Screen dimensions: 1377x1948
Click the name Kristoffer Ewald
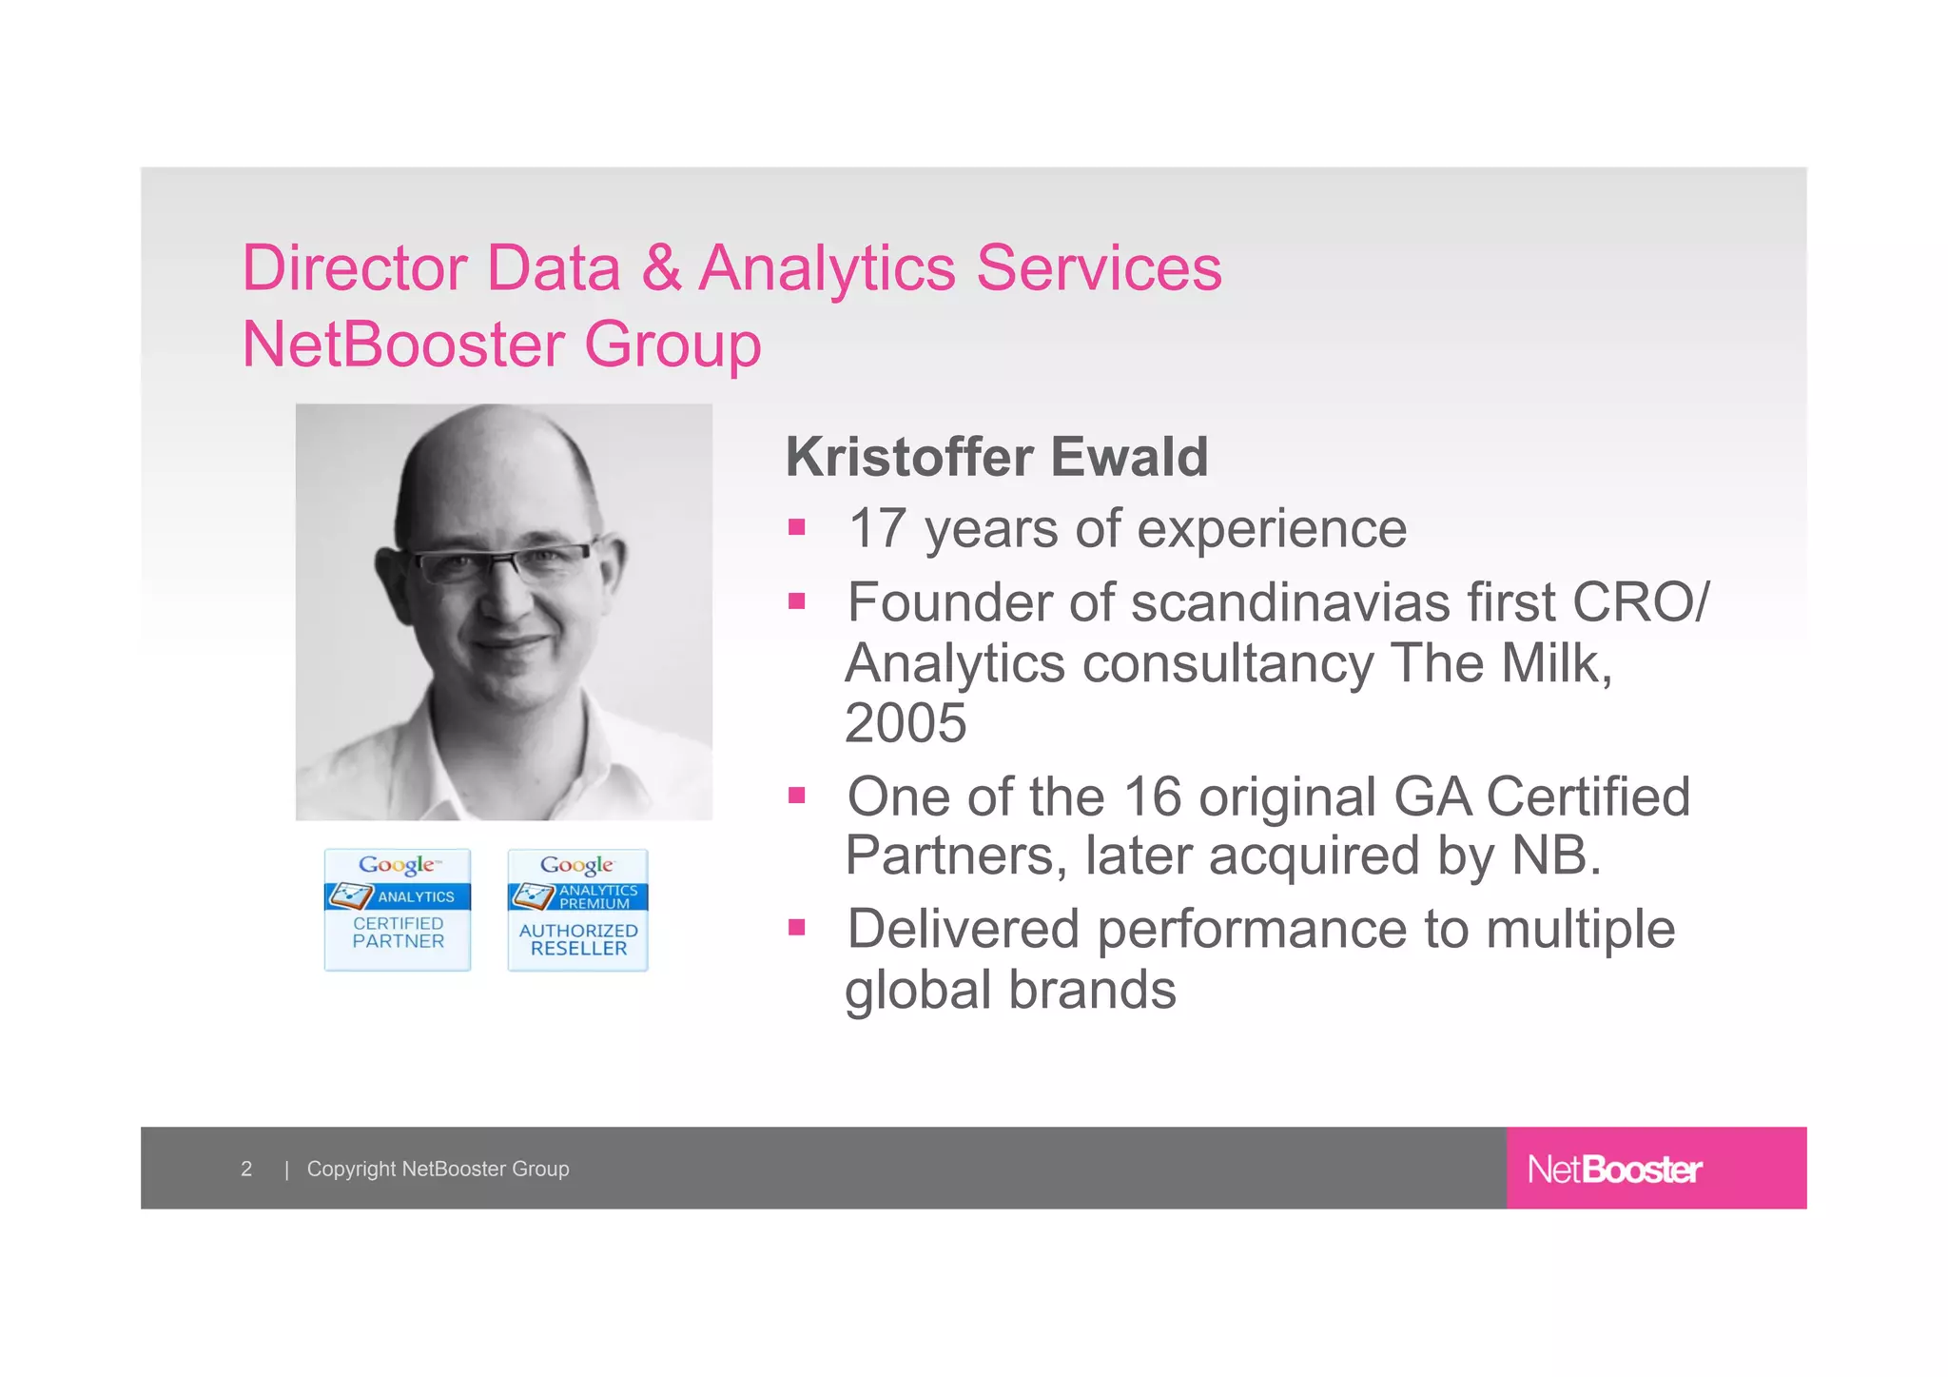point(996,457)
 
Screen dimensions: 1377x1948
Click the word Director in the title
point(354,268)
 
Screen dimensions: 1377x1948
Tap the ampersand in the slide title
point(662,268)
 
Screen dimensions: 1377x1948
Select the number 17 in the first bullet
point(877,528)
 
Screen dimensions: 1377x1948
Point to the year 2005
point(906,723)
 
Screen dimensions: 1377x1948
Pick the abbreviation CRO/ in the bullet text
point(1641,602)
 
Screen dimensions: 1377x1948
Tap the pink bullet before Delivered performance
point(797,927)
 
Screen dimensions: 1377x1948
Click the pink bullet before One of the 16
point(797,795)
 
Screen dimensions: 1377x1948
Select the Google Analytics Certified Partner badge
point(398,910)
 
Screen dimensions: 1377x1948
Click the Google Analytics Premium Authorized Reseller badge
point(577,910)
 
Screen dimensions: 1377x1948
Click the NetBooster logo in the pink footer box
point(1614,1169)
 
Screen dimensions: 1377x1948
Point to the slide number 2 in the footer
point(246,1169)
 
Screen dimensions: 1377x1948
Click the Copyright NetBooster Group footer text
point(438,1169)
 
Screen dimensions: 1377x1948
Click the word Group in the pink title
point(672,344)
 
